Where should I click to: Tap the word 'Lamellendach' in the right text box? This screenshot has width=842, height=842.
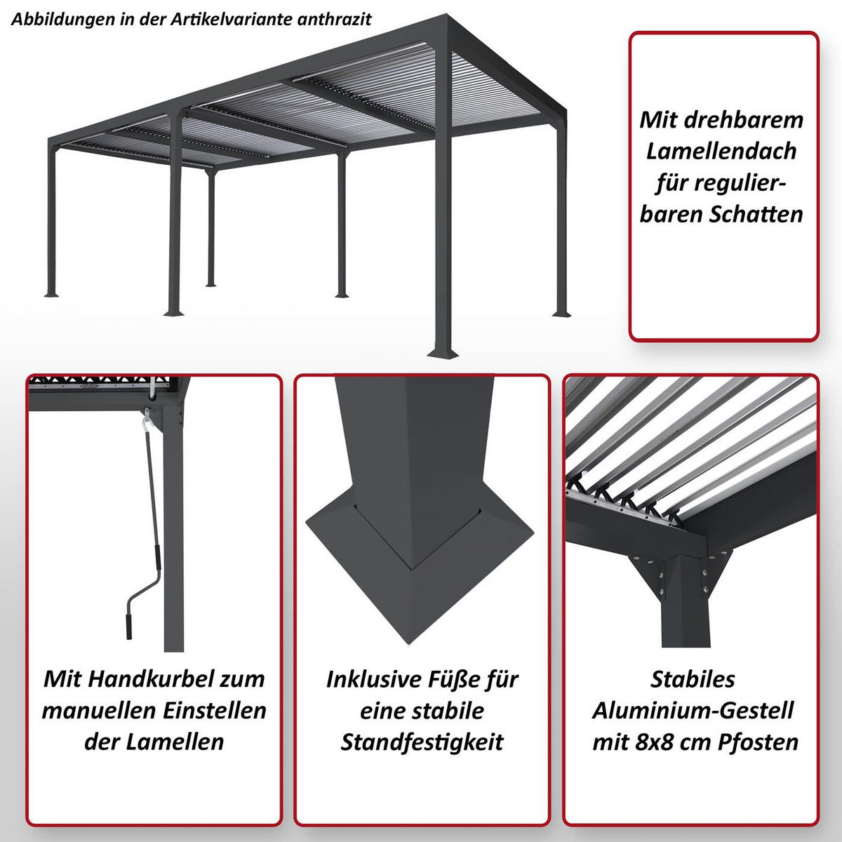[721, 151]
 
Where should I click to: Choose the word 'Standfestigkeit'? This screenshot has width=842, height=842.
[422, 742]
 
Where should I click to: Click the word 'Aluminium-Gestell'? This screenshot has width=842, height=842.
[693, 711]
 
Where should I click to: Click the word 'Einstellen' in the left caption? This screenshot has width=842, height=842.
[214, 711]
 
